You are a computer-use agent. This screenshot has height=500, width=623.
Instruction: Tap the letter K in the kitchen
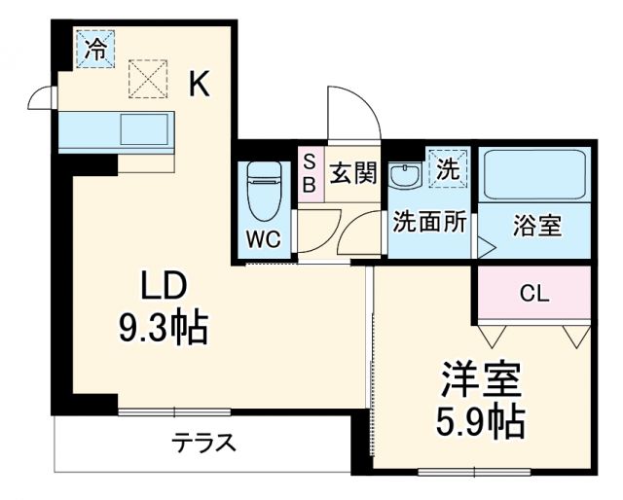click(199, 86)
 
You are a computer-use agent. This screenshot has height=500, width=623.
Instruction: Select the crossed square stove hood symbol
click(148, 79)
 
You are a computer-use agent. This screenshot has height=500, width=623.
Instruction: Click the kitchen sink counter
click(115, 130)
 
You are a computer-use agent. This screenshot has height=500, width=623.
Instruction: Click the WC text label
click(264, 238)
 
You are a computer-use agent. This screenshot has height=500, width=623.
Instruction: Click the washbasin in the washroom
click(404, 176)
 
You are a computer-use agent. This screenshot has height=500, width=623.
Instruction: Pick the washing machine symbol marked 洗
click(447, 167)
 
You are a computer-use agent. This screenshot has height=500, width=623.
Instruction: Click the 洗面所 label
click(428, 222)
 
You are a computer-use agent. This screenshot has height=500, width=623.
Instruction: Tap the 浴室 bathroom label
click(536, 226)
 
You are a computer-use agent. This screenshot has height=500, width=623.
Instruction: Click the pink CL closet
click(533, 293)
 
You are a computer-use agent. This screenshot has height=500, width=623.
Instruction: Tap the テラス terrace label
click(203, 444)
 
